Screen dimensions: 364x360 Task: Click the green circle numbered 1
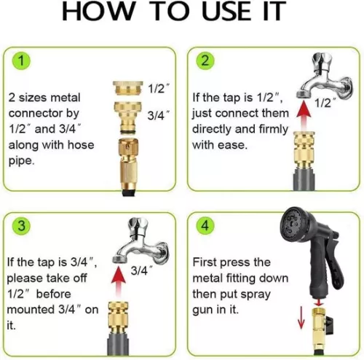[21, 60]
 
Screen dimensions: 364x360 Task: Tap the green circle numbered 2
[205, 60]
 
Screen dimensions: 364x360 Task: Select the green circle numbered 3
[21, 226]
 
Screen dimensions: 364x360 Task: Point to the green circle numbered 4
[205, 226]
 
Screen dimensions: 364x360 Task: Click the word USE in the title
[226, 11]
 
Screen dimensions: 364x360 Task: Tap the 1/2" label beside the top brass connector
[158, 88]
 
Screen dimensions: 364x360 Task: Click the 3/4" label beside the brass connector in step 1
[158, 115]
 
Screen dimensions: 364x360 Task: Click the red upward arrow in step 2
[304, 115]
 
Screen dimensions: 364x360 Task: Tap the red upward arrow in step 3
[119, 282]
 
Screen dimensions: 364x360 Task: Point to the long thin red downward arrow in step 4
[301, 317]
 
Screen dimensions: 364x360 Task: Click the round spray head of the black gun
[294, 224]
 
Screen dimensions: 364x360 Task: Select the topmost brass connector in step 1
[127, 88]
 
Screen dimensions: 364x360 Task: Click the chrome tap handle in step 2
[321, 60]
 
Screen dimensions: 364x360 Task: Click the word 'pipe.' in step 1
[22, 161]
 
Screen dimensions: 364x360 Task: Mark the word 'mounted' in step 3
[31, 310]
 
